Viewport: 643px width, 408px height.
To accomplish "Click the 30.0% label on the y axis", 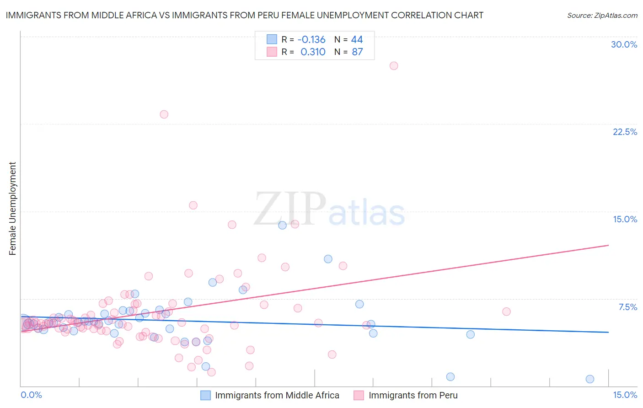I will [x=624, y=44].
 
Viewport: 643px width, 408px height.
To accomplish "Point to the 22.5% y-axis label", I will [x=625, y=132].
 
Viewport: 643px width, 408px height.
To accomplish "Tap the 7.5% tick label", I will [x=627, y=307].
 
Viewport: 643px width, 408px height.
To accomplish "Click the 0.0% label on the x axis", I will [x=31, y=395].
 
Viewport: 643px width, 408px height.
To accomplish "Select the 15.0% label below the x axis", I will [x=625, y=395].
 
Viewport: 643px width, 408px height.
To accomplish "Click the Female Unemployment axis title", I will [x=12, y=208].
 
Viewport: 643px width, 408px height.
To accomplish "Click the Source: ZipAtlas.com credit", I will [x=602, y=15].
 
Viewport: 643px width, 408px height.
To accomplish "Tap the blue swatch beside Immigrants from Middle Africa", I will [x=205, y=395].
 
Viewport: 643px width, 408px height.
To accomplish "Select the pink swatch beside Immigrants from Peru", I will [x=359, y=395].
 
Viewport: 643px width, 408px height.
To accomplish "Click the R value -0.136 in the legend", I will [x=311, y=39].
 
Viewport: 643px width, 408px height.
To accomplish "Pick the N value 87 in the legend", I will [x=357, y=52].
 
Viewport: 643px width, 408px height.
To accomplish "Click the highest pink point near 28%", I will [x=394, y=65].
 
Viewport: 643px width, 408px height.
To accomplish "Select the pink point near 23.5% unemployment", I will [x=164, y=114].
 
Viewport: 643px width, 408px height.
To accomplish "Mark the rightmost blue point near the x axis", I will [x=590, y=379].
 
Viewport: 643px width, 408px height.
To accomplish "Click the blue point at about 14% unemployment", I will [x=282, y=225].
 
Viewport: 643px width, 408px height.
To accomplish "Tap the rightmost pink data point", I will [x=506, y=311].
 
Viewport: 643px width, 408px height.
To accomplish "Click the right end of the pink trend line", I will [x=608, y=245].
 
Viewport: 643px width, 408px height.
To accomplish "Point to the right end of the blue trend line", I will [x=608, y=332].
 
